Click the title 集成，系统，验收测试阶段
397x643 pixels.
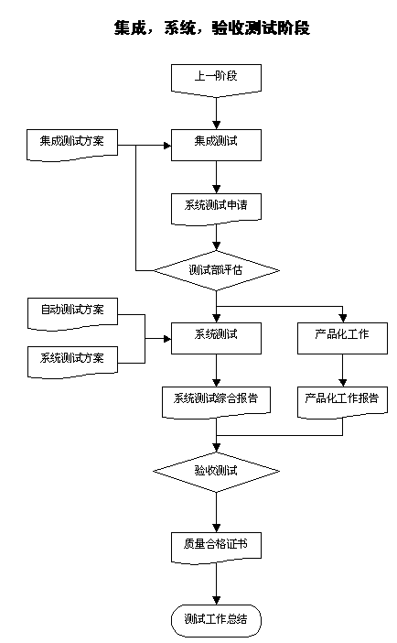click(x=198, y=28)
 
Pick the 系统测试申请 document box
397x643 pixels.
click(x=216, y=207)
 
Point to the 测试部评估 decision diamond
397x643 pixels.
click(x=216, y=270)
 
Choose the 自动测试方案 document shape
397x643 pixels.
click(x=72, y=311)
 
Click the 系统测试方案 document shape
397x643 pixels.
click(x=72, y=357)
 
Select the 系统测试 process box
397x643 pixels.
click(x=216, y=336)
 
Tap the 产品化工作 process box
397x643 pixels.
click(x=342, y=336)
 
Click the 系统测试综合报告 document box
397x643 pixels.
click(x=216, y=398)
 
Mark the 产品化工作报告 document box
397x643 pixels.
click(x=342, y=398)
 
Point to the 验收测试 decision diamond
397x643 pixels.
click(x=216, y=471)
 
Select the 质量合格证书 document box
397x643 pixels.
click(x=216, y=544)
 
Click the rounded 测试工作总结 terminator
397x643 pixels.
click(x=216, y=619)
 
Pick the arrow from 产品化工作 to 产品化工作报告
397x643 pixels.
click(x=342, y=370)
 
